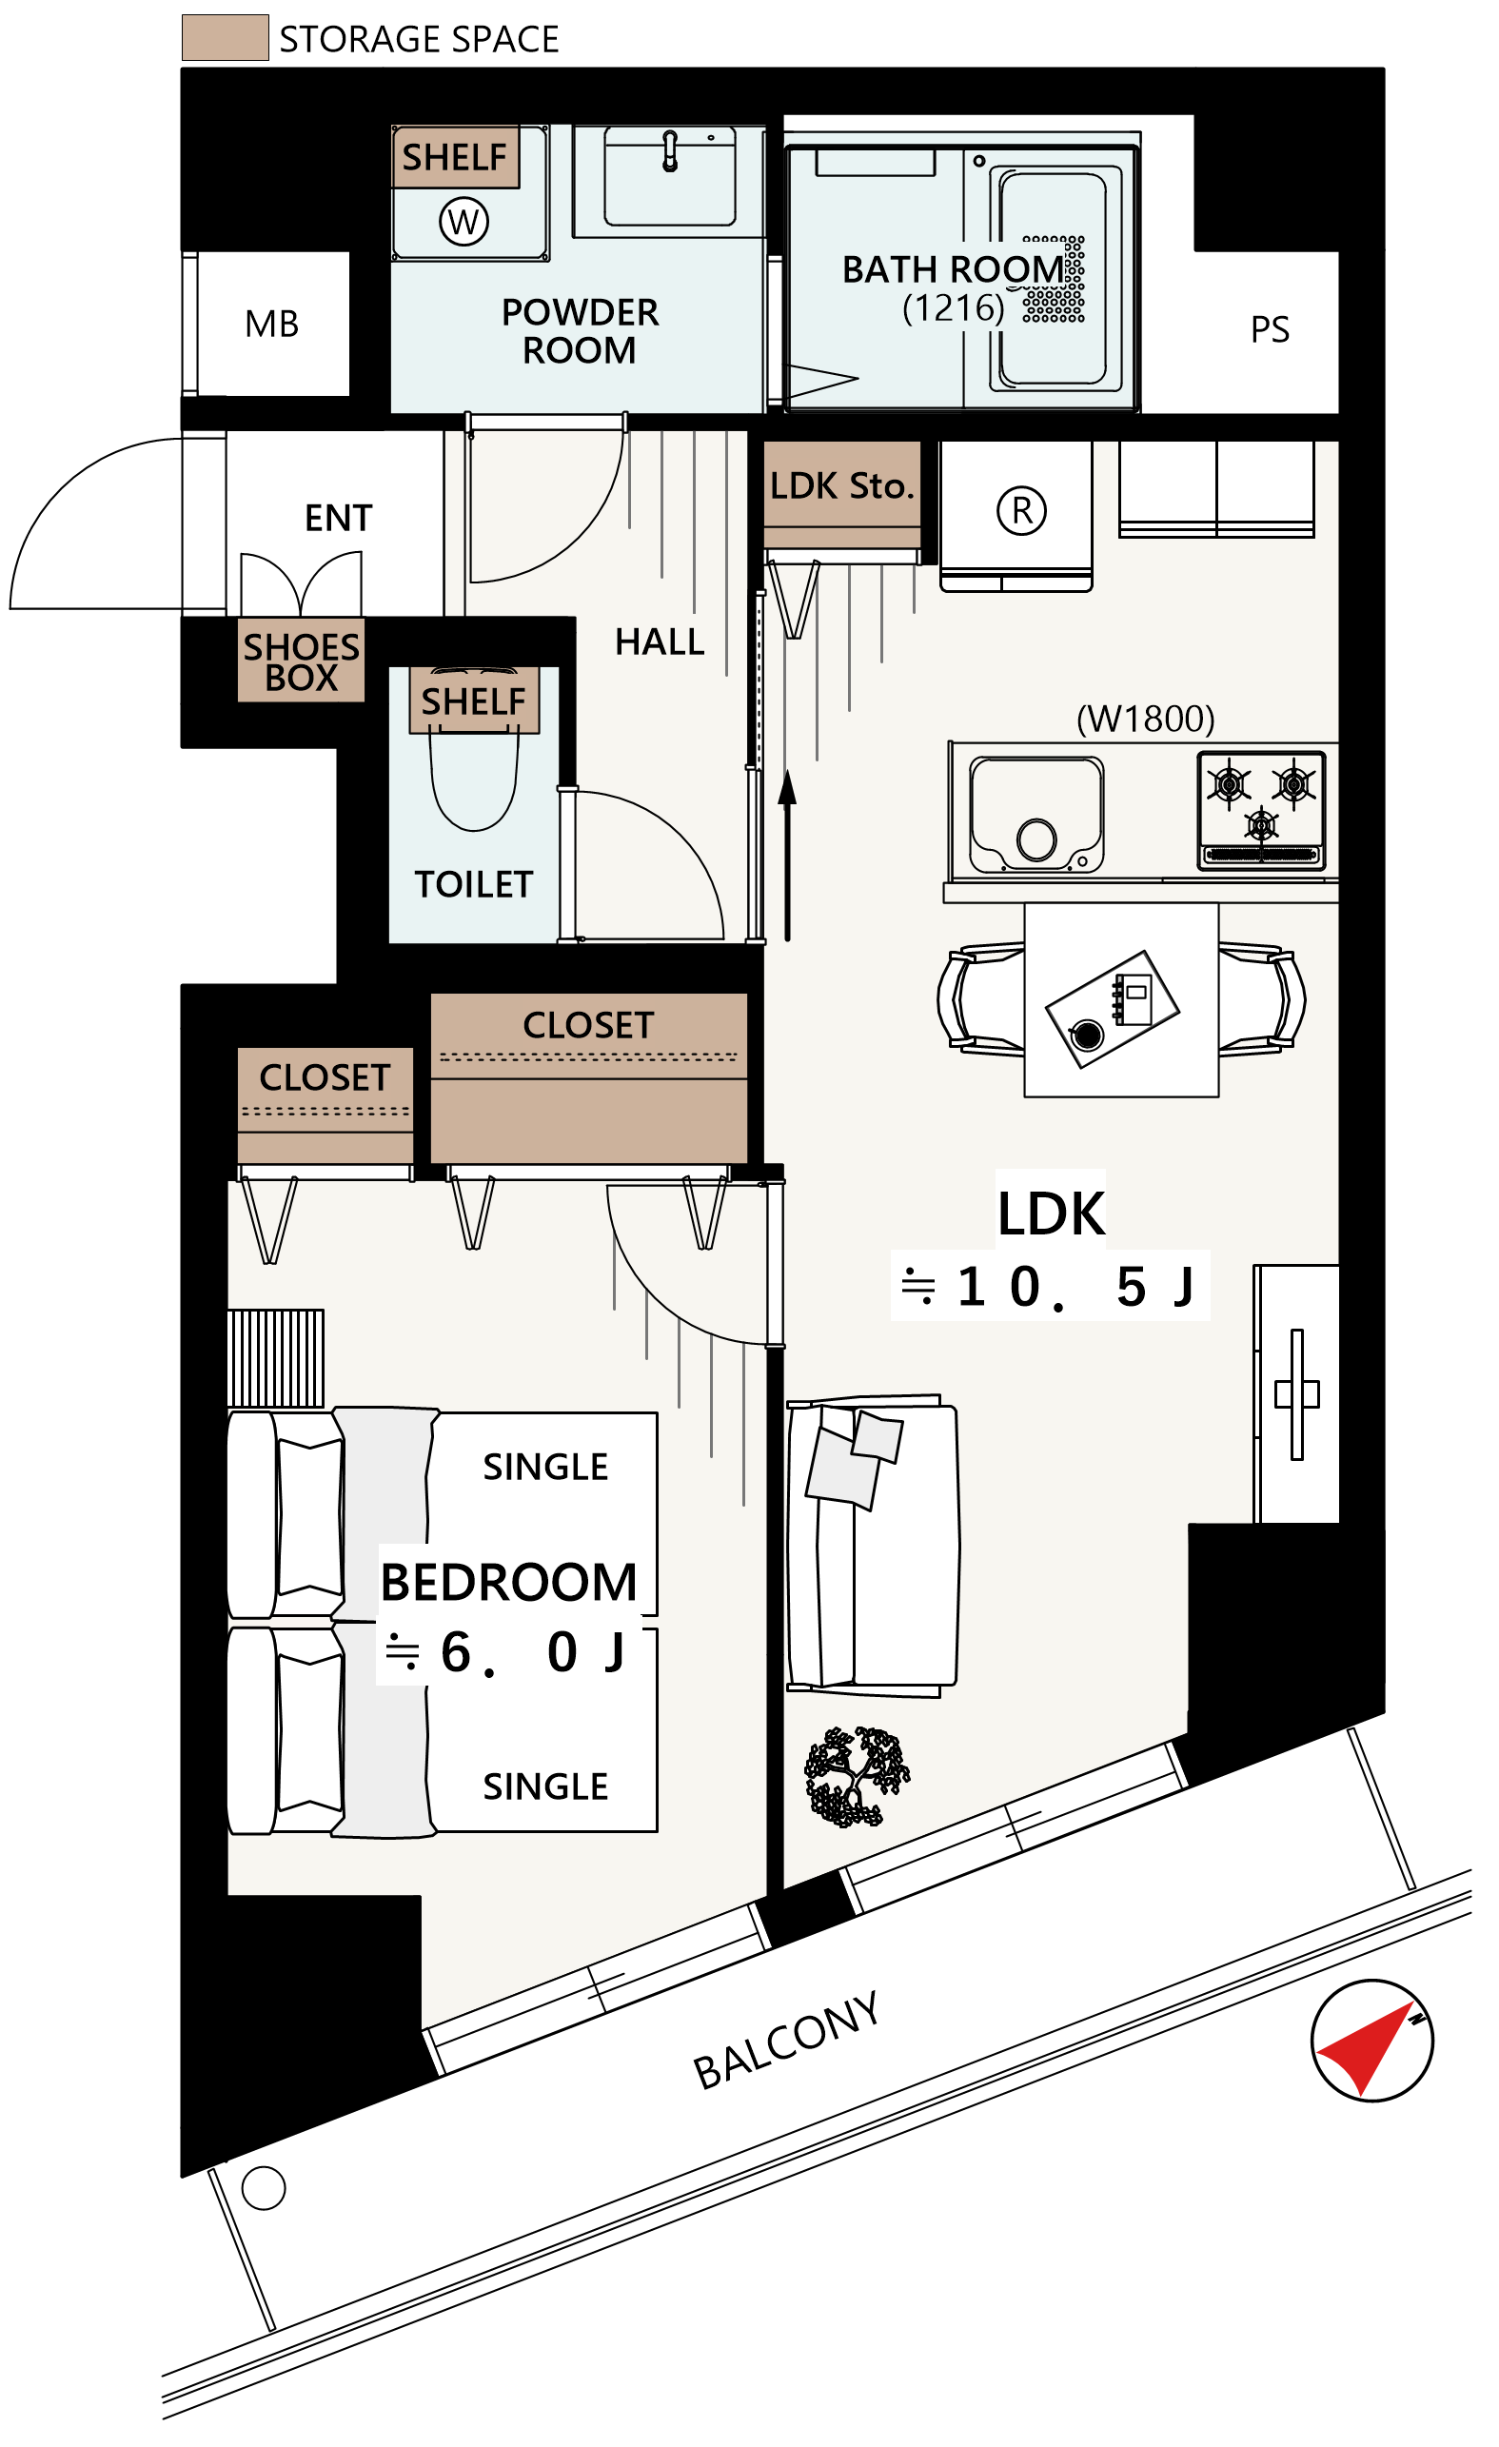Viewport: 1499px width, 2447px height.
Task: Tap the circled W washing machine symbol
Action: point(464,222)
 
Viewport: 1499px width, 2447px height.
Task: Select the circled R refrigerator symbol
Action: point(1021,510)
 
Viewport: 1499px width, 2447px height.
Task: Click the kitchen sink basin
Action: point(1036,815)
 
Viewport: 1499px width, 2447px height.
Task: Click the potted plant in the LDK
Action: point(857,1778)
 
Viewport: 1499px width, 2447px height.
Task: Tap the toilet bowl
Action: point(474,779)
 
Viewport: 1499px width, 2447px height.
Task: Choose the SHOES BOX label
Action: point(301,662)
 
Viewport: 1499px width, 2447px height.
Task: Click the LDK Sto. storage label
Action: point(841,485)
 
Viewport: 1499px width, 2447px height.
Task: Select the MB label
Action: point(271,324)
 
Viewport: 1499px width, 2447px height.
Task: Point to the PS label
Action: point(1270,329)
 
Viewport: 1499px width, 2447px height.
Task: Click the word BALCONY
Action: point(787,2040)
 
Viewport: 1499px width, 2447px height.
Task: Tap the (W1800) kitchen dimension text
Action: point(1145,718)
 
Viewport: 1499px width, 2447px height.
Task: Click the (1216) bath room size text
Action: point(953,307)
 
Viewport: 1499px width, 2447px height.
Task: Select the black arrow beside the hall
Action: point(788,855)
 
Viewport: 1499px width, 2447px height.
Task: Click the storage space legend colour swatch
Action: point(225,38)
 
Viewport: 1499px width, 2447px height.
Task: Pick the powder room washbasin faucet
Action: point(671,151)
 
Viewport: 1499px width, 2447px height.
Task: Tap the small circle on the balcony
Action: point(264,2188)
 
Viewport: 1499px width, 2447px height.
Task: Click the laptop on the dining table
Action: point(1113,1009)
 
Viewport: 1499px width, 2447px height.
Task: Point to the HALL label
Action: point(660,642)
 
